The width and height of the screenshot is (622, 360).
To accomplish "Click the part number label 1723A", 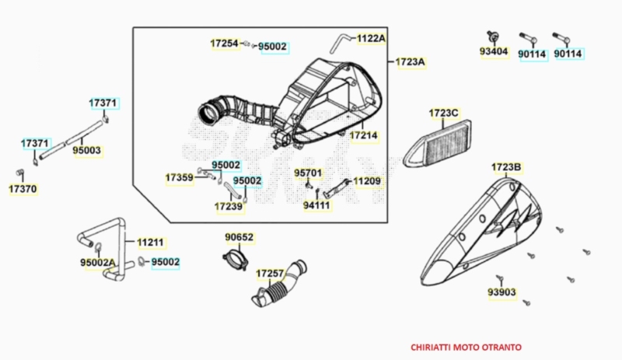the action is (411, 62).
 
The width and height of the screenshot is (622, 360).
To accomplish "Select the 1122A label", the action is (371, 38).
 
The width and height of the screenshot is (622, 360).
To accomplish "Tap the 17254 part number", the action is (225, 44).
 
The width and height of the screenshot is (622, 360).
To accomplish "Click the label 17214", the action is (364, 135).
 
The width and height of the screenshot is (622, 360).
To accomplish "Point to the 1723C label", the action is (443, 113).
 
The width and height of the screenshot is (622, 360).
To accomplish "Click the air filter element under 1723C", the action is (438, 144).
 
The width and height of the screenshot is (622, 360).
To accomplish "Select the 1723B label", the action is (506, 167).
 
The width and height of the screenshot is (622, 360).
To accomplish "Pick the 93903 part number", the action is (501, 292).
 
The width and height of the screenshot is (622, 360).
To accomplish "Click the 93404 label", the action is (494, 51).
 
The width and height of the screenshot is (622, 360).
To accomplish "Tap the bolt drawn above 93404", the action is (493, 36).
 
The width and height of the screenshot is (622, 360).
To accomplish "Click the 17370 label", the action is (23, 189).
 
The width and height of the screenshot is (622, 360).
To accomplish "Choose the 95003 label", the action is (87, 150).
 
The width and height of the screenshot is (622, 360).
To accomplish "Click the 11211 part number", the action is (150, 242).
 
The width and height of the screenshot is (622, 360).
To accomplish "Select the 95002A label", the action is (98, 263).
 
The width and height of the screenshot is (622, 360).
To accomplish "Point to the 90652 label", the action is (239, 237).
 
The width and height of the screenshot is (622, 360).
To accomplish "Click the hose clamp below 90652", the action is (236, 258).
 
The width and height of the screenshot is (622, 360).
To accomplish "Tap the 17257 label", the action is (270, 274).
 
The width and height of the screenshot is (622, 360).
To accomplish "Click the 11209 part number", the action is (367, 181).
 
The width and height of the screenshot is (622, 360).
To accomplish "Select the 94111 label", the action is (316, 205).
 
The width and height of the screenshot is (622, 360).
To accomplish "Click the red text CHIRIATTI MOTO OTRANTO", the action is (466, 348).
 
